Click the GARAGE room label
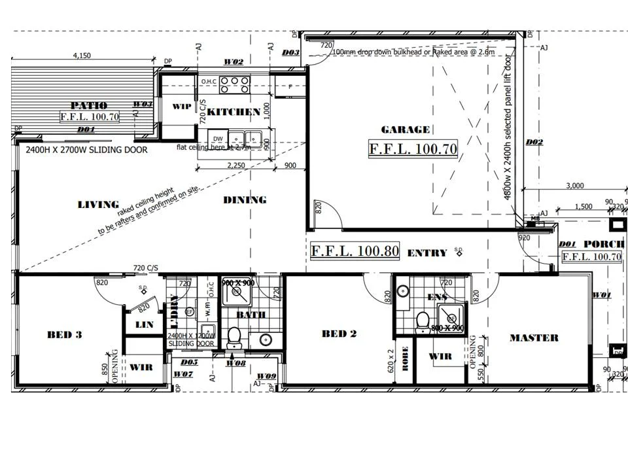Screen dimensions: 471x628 pos(406,130)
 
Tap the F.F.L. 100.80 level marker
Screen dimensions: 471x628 pos(354,251)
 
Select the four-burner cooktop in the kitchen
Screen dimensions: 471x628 pos(234,84)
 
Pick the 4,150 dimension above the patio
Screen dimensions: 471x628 pos(82,56)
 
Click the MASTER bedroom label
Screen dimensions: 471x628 pos(534,338)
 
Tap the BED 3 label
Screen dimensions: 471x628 pos(64,335)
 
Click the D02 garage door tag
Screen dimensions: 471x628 pos(534,142)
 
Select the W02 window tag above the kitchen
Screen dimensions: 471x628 pos(234,61)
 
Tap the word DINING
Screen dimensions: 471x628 pos(245,200)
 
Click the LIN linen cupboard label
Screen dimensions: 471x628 pos(144,324)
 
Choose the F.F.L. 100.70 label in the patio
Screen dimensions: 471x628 pos(90,117)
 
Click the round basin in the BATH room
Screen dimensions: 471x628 pos(266,340)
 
